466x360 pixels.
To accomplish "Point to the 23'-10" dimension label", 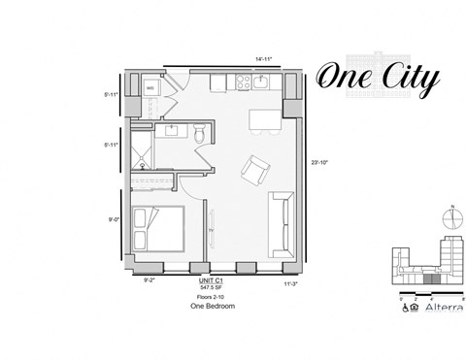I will [x=320, y=162].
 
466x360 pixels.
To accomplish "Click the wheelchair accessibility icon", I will [x=404, y=310].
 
